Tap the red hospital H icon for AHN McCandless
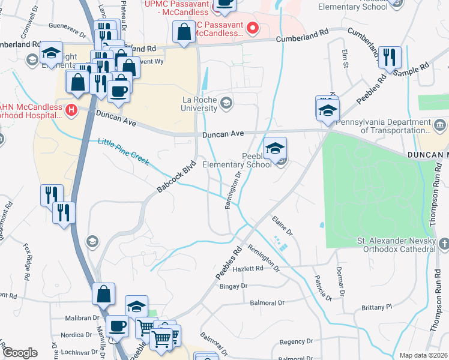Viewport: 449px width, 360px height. pos(71,110)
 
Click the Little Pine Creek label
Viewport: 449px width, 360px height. pos(123,152)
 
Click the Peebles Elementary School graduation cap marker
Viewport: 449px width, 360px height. pos(276,149)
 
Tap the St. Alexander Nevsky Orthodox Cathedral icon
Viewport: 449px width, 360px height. pos(444,244)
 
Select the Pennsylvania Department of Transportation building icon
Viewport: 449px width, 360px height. pos(440,125)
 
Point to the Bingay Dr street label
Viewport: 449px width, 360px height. pos(234,286)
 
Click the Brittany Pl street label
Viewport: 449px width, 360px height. pos(376,307)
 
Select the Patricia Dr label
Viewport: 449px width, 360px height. pos(322,288)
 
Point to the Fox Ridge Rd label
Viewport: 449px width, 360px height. pos(27,262)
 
